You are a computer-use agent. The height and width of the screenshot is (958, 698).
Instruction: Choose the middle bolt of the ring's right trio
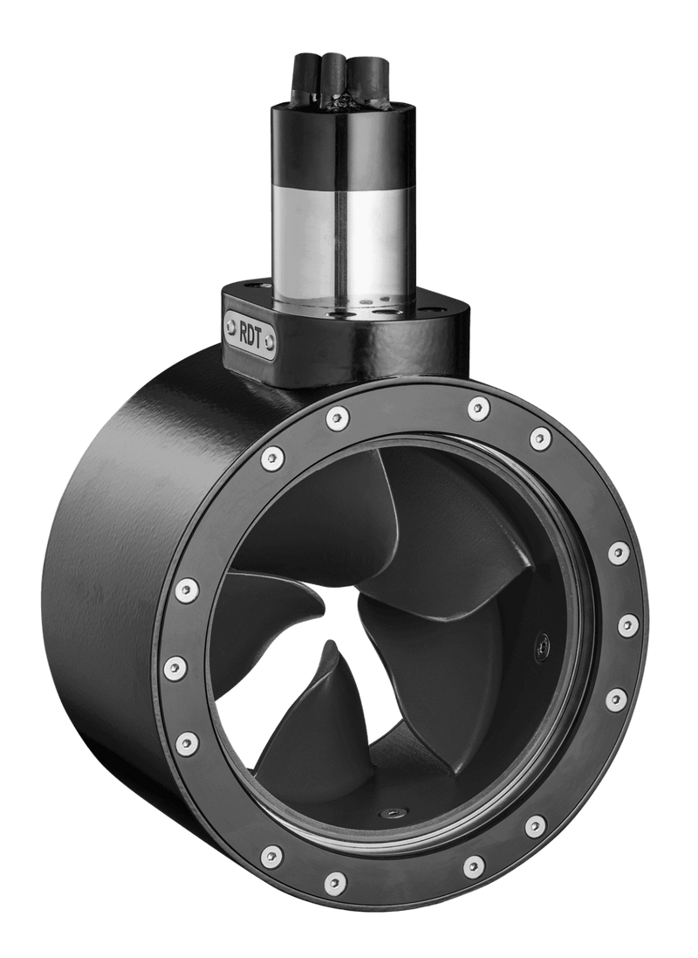[x=626, y=625]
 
